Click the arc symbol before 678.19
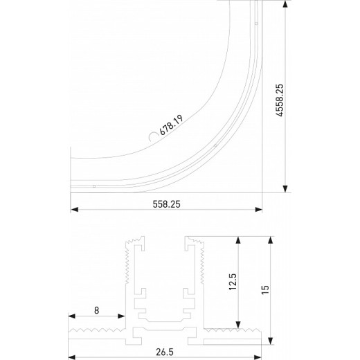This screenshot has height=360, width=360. [x=151, y=139]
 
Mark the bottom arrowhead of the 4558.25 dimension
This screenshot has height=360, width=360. [x=284, y=190]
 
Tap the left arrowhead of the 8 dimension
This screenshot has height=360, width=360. [x=73, y=319]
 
